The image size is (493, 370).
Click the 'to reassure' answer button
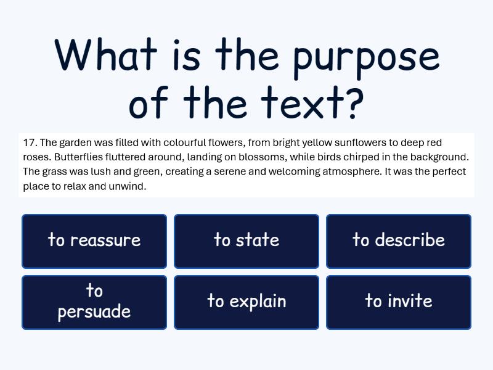coord(94,240)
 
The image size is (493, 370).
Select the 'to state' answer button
coord(246,240)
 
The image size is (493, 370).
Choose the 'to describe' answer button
coord(399,240)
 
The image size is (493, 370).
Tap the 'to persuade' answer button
coord(94,302)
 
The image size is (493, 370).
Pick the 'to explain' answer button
coord(246,302)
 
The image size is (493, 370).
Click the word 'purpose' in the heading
coord(366,57)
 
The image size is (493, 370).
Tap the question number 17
coord(29,142)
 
